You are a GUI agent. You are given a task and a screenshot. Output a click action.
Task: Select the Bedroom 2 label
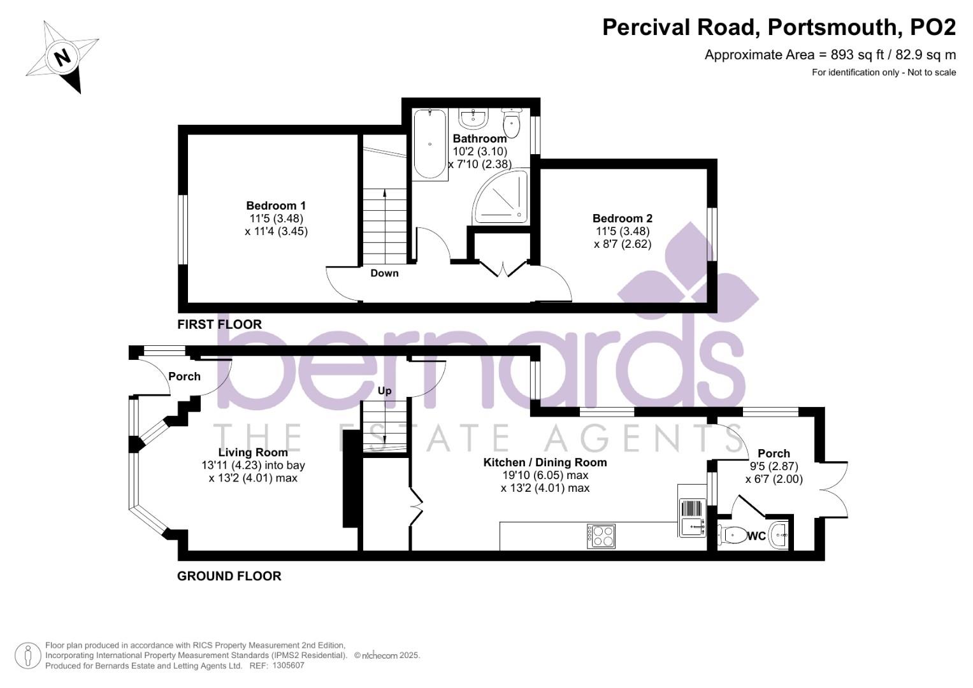623,218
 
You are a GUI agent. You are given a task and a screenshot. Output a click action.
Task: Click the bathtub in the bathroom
430,144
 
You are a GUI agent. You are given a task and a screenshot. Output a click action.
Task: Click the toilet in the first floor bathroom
511,122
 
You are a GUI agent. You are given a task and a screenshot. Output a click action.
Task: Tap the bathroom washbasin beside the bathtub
473,118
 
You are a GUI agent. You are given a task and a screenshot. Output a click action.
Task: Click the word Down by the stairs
384,273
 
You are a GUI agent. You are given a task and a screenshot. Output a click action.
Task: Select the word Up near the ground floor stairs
384,391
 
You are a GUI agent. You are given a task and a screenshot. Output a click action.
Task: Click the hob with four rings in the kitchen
601,536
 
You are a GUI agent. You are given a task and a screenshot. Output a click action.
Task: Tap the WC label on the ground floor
756,536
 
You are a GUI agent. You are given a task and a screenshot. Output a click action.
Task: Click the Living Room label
253,452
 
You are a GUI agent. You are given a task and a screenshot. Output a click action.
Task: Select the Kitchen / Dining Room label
545,462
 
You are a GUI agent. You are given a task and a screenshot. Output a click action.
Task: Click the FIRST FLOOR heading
219,324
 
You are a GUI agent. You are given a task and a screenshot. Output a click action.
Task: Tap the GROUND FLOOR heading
229,577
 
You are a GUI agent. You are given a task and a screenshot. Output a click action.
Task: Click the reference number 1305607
288,666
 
